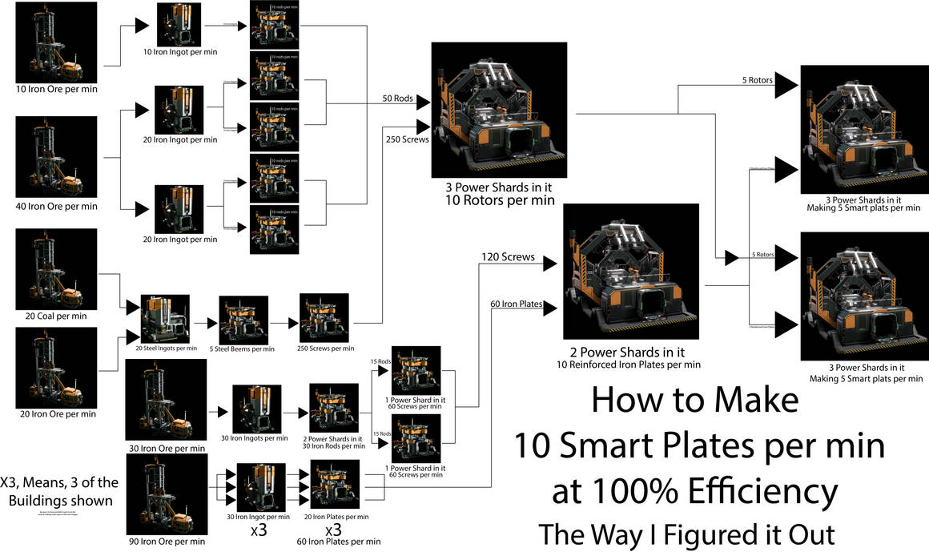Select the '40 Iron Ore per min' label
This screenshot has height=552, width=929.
(x=56, y=206)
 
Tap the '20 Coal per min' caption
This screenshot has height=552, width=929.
(x=56, y=316)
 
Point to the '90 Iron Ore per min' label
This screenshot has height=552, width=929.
(x=166, y=542)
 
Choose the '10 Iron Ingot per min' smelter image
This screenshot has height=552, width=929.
(x=179, y=25)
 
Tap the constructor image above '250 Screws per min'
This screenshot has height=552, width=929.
(x=324, y=318)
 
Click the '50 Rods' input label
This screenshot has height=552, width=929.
(x=397, y=99)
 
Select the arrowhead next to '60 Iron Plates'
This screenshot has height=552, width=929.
(x=550, y=305)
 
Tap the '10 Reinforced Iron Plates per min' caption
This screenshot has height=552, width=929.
(x=629, y=365)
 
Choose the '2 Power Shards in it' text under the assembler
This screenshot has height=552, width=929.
(x=629, y=351)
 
